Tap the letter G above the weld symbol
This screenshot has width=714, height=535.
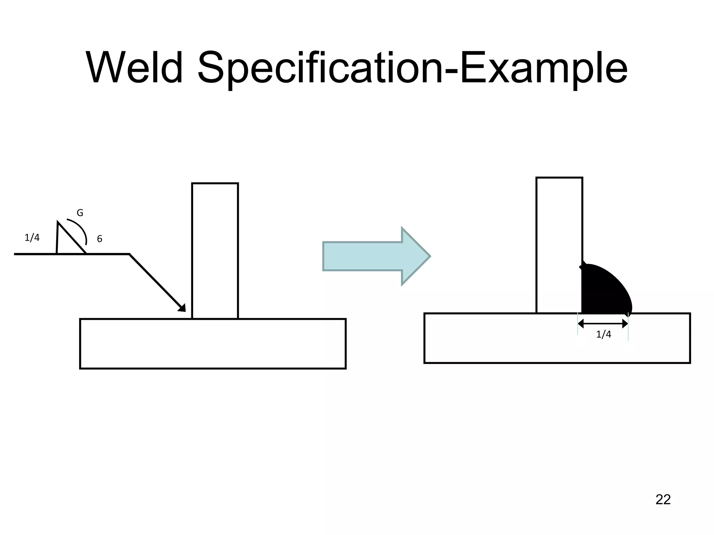pos(80,213)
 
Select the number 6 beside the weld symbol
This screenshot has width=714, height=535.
pos(99,239)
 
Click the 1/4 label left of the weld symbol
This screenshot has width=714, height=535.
pos(32,238)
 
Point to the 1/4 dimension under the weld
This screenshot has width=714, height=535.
pos(603,334)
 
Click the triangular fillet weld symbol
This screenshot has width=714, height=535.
pos(66,242)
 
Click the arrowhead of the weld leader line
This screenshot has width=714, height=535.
pos(182,308)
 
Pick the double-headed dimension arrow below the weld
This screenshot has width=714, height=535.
pos(603,324)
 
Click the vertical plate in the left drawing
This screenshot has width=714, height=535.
pos(215,251)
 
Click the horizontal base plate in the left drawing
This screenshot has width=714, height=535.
pos(213,343)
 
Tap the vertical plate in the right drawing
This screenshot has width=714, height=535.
pos(559,244)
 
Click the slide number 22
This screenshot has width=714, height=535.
pos(663,499)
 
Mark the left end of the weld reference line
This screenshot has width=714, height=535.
pos(15,254)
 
